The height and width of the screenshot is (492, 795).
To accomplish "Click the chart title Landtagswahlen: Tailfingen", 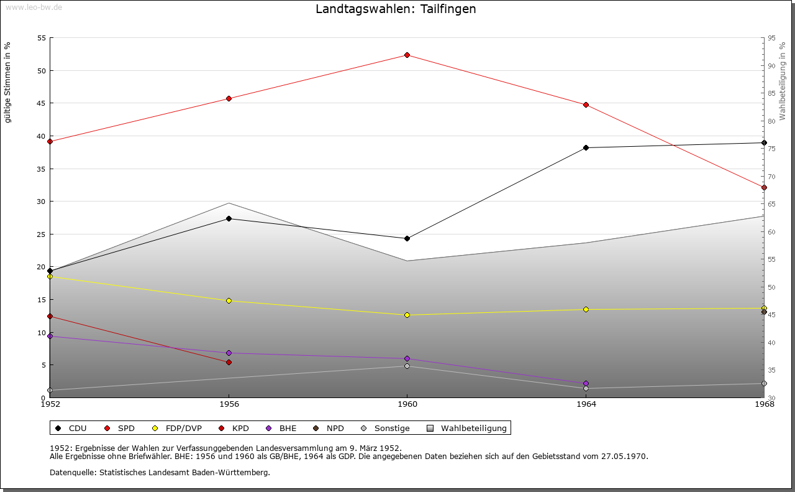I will pos(396,9).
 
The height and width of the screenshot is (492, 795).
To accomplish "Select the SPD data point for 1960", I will pos(407,55).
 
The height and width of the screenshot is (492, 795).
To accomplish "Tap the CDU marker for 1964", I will pos(586,148).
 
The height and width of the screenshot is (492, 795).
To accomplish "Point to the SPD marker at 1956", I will pos(229,98).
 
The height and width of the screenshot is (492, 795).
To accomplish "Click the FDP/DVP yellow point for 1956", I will pos(229,301).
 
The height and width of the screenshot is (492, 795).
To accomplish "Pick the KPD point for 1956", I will pos(229,362).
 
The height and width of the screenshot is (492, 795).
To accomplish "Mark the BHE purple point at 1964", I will pos(586,383).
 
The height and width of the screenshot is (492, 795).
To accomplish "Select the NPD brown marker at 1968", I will pos(764,312).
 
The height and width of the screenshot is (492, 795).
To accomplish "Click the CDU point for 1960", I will pos(407,239).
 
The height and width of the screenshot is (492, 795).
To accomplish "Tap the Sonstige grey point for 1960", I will pos(407,366).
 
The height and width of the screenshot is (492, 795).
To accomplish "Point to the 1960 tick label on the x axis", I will pos(407,404).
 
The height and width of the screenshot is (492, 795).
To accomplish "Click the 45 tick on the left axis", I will pos(41,103).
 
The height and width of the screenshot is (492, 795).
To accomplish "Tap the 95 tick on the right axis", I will pos(771,38).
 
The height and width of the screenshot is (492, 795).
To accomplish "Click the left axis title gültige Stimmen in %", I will pos(7,82).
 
